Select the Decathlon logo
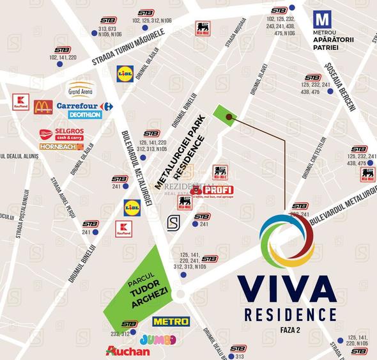(84, 115)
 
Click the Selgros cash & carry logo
(61, 134)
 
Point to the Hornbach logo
(61, 146)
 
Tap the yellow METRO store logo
(171, 321)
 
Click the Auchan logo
(128, 351)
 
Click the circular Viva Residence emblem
(287, 242)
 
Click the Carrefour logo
(84, 106)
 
